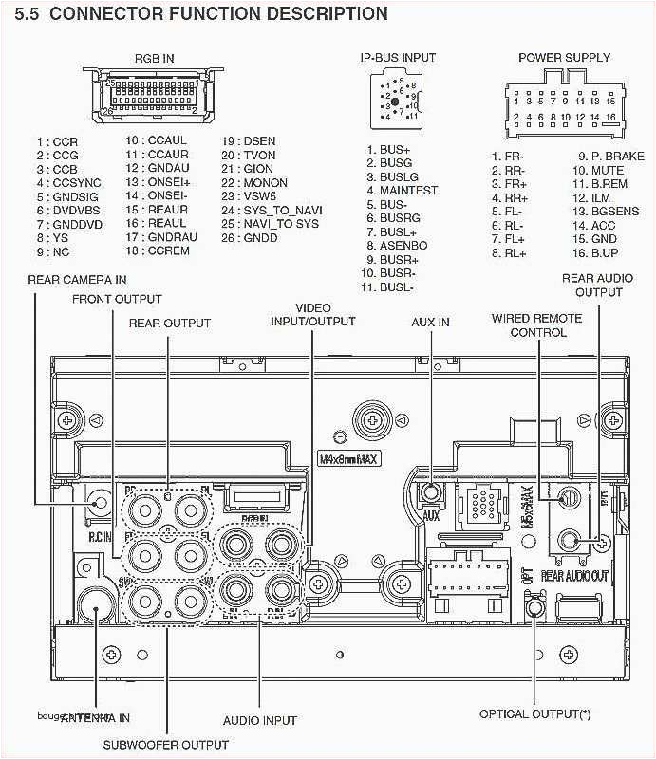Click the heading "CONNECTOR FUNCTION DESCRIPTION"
click(220, 14)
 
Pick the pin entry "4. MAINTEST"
click(403, 191)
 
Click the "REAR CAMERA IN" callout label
click(77, 280)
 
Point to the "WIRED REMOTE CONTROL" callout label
click(537, 325)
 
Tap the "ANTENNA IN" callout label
click(95, 717)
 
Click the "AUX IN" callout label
click(430, 323)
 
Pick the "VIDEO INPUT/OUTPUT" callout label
click(312, 315)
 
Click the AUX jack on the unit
click(431, 492)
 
